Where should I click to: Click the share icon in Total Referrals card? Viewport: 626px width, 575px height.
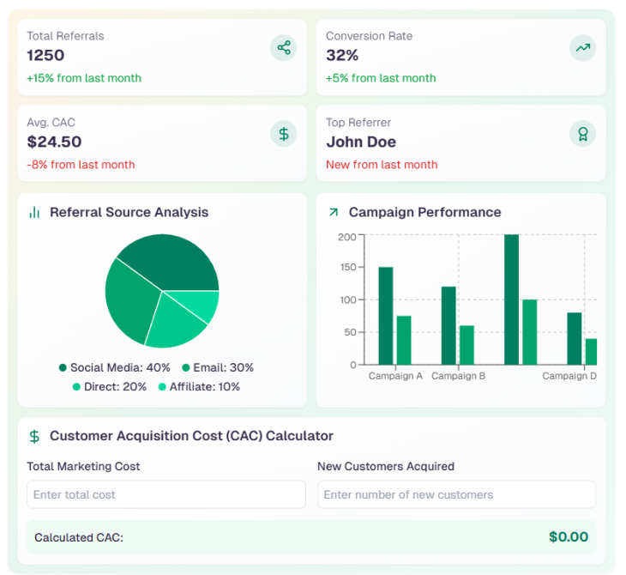tap(284, 47)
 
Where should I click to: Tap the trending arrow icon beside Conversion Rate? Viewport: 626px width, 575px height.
tap(582, 47)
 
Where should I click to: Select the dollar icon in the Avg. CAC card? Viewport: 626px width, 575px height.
tap(284, 134)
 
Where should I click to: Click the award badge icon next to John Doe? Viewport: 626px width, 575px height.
tap(582, 134)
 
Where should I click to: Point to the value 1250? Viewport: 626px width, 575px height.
tap(45, 56)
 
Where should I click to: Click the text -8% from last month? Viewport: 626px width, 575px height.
tap(81, 165)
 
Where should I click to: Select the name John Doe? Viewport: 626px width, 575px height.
tap(361, 142)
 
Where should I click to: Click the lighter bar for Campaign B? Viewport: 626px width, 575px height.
tap(466, 345)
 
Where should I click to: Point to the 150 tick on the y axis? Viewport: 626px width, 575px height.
tap(346, 268)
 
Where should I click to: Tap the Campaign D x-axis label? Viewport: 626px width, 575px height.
tap(569, 376)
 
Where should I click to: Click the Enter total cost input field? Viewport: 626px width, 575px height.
tap(166, 494)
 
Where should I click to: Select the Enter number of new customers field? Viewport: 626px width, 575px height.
tap(456, 494)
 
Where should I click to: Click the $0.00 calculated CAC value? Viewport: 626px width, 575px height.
tap(569, 537)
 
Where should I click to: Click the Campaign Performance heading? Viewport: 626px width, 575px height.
tap(424, 212)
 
